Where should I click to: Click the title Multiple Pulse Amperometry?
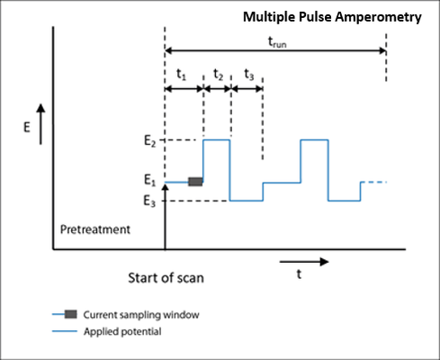point(332,17)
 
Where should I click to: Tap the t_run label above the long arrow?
point(277,42)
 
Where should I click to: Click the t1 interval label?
point(181,74)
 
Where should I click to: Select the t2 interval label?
point(218,75)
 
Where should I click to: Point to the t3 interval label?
point(249,75)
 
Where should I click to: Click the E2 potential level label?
point(150,140)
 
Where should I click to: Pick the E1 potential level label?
point(149,180)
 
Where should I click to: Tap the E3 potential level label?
point(149,201)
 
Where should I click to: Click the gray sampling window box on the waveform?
point(195,182)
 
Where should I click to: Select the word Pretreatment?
point(95,229)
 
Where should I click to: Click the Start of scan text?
point(166,278)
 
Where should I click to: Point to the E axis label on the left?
point(27,128)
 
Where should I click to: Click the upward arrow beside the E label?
point(40,124)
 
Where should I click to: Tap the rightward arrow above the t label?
point(304,262)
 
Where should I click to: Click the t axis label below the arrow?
point(299,274)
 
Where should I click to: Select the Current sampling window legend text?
point(141,315)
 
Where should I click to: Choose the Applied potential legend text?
point(122,331)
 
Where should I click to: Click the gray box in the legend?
point(71,314)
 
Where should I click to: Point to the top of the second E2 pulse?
point(314,139)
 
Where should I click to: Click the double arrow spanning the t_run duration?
point(275,50)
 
